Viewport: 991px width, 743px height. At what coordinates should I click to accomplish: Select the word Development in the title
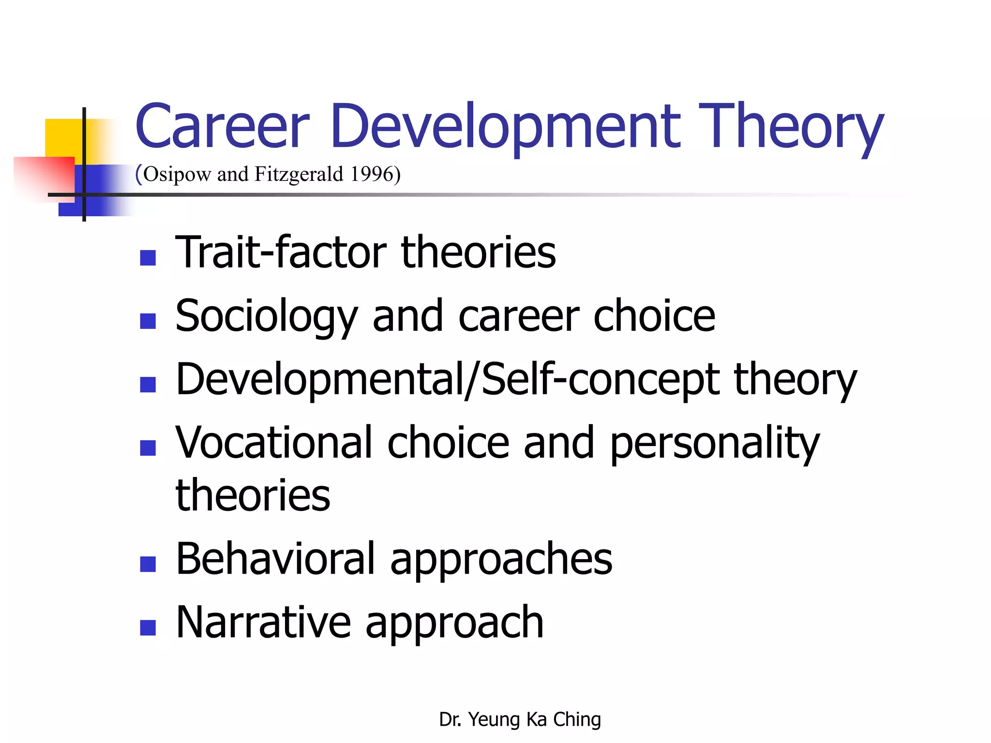pos(506,127)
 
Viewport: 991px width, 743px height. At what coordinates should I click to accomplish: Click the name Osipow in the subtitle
pos(177,174)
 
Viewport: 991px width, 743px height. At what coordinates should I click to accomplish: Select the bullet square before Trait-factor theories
pos(148,258)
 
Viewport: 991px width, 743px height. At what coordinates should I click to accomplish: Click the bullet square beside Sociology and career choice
pos(148,321)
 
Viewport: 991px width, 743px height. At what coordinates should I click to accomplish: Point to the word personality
pos(714,444)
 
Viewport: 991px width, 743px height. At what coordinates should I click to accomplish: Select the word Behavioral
pos(275,559)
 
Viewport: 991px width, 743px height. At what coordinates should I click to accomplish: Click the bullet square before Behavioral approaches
pos(148,564)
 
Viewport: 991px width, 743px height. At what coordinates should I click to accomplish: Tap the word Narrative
pos(263,623)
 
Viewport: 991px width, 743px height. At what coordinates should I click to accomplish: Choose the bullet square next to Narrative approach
pos(148,627)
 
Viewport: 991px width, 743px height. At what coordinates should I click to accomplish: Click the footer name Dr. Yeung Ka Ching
pos(520,719)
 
